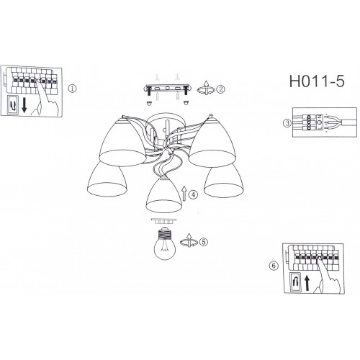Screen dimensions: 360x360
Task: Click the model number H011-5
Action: tap(317, 81)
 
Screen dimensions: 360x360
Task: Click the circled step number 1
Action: tap(72, 89)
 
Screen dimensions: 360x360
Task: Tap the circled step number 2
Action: tap(220, 89)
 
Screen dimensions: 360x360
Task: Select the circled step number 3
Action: tap(287, 123)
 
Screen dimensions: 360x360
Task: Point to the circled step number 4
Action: tap(193, 194)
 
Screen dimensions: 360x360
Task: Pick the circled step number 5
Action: tap(204, 242)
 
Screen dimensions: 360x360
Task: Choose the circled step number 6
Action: tap(274, 266)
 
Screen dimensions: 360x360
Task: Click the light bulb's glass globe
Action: tap(165, 248)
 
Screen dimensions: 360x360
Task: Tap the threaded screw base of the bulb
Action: tap(165, 233)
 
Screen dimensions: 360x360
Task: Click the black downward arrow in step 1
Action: tap(24, 105)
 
